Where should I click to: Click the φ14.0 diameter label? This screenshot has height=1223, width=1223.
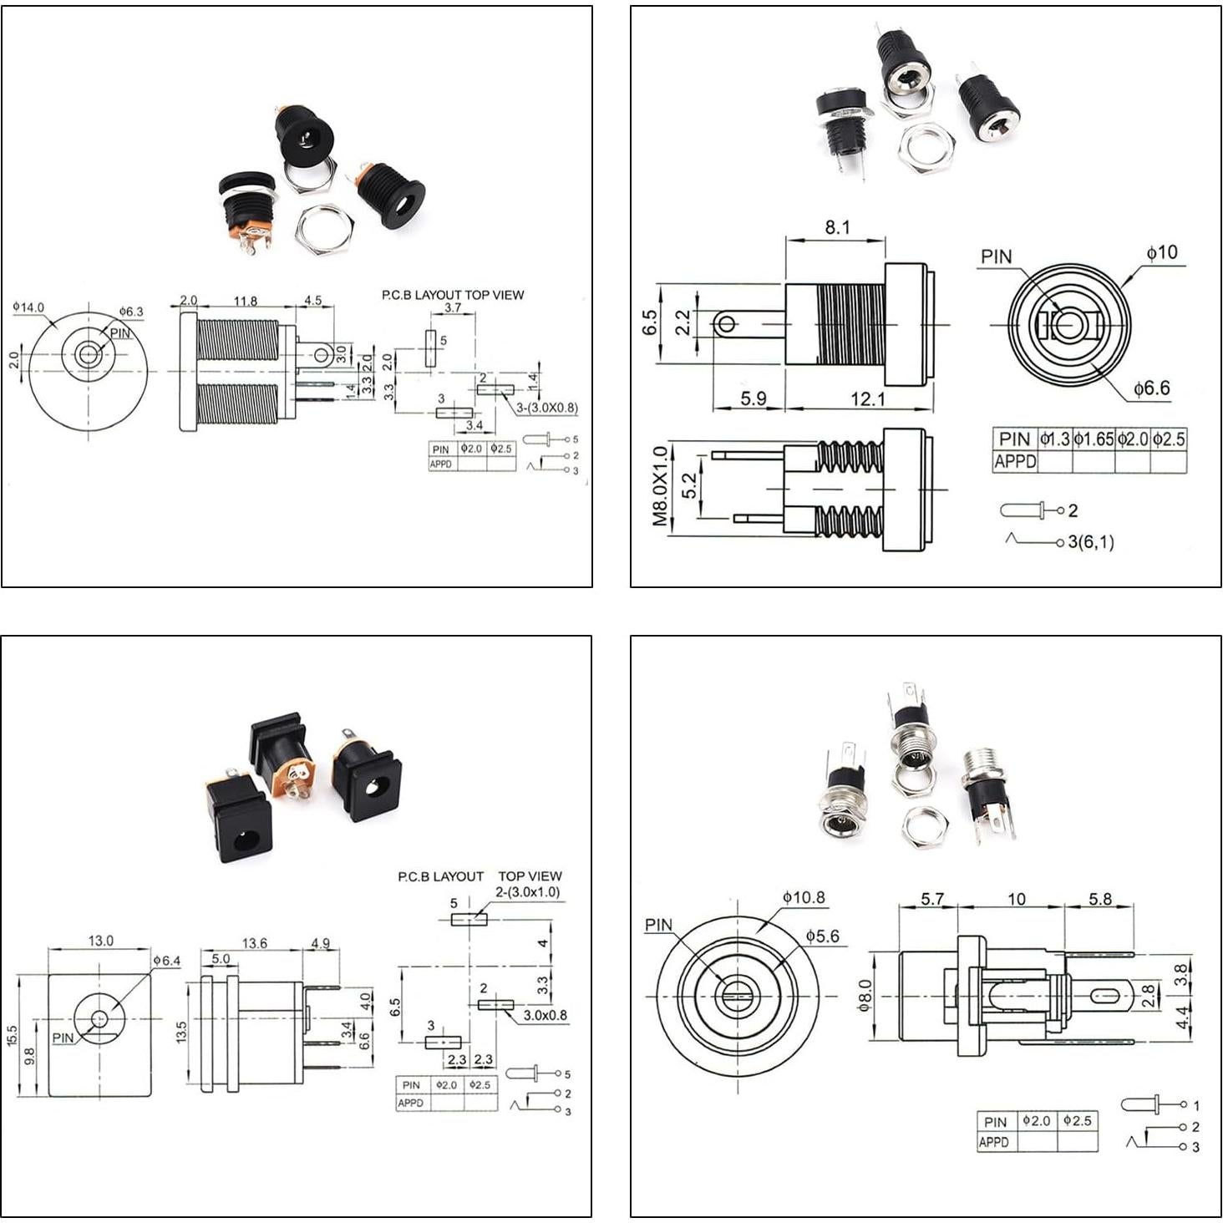click(28, 307)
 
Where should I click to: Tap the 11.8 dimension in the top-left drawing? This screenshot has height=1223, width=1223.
click(246, 301)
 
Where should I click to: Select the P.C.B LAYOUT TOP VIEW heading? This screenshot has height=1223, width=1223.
click(453, 295)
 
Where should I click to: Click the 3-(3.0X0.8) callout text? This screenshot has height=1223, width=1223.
click(546, 408)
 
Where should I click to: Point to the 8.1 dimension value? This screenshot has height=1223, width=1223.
click(837, 227)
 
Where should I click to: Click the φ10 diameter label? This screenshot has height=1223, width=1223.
click(1161, 252)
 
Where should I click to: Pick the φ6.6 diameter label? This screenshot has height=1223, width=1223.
click(1151, 388)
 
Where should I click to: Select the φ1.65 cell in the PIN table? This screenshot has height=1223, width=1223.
click(1094, 439)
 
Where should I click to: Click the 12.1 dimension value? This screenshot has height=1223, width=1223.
click(867, 399)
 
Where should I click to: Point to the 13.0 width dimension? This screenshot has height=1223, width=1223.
click(101, 941)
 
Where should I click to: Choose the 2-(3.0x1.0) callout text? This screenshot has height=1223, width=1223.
click(528, 892)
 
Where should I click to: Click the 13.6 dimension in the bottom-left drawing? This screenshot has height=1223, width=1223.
click(254, 943)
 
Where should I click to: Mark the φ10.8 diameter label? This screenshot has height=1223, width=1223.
click(804, 898)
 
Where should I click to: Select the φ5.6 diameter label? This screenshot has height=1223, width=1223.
click(822, 936)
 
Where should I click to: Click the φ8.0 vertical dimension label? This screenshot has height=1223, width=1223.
click(865, 996)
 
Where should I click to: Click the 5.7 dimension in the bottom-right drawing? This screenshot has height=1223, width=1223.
click(931, 899)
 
